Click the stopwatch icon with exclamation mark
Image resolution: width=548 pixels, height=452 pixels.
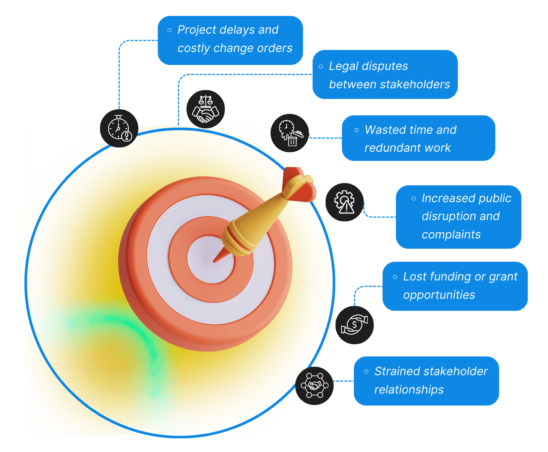tap(119, 128)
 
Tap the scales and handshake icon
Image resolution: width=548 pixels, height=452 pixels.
tap(206, 109)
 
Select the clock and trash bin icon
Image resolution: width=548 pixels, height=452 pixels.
tap(290, 133)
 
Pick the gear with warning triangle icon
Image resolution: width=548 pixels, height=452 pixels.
tap(344, 202)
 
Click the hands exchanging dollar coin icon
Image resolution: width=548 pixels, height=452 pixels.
tap(354, 325)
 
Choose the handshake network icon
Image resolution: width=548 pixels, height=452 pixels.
tap(314, 386)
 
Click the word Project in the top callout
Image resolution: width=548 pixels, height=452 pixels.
tap(197, 30)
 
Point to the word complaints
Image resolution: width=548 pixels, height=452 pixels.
tap(451, 235)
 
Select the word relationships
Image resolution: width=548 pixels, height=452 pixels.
tap(409, 390)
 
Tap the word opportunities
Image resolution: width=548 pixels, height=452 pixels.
tap(439, 295)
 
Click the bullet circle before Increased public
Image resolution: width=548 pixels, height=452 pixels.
tap(413, 199)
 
